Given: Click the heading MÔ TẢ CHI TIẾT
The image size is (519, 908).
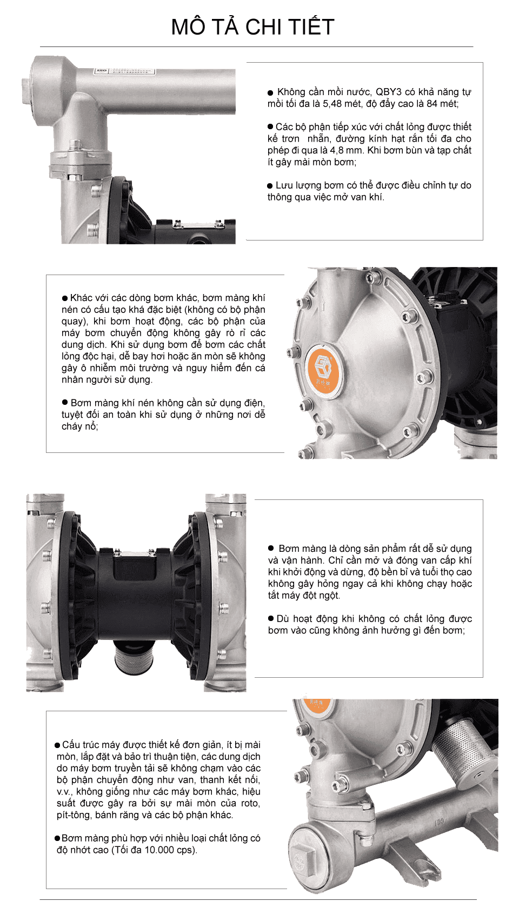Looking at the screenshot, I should [252, 27].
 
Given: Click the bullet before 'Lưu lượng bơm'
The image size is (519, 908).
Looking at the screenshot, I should [270, 185].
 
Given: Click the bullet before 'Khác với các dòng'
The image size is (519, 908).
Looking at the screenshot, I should [65, 298].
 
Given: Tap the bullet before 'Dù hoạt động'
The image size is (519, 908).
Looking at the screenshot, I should [271, 618].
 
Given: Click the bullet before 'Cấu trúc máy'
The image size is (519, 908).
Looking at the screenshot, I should [58, 745].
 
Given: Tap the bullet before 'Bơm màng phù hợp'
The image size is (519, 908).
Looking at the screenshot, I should [57, 838].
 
